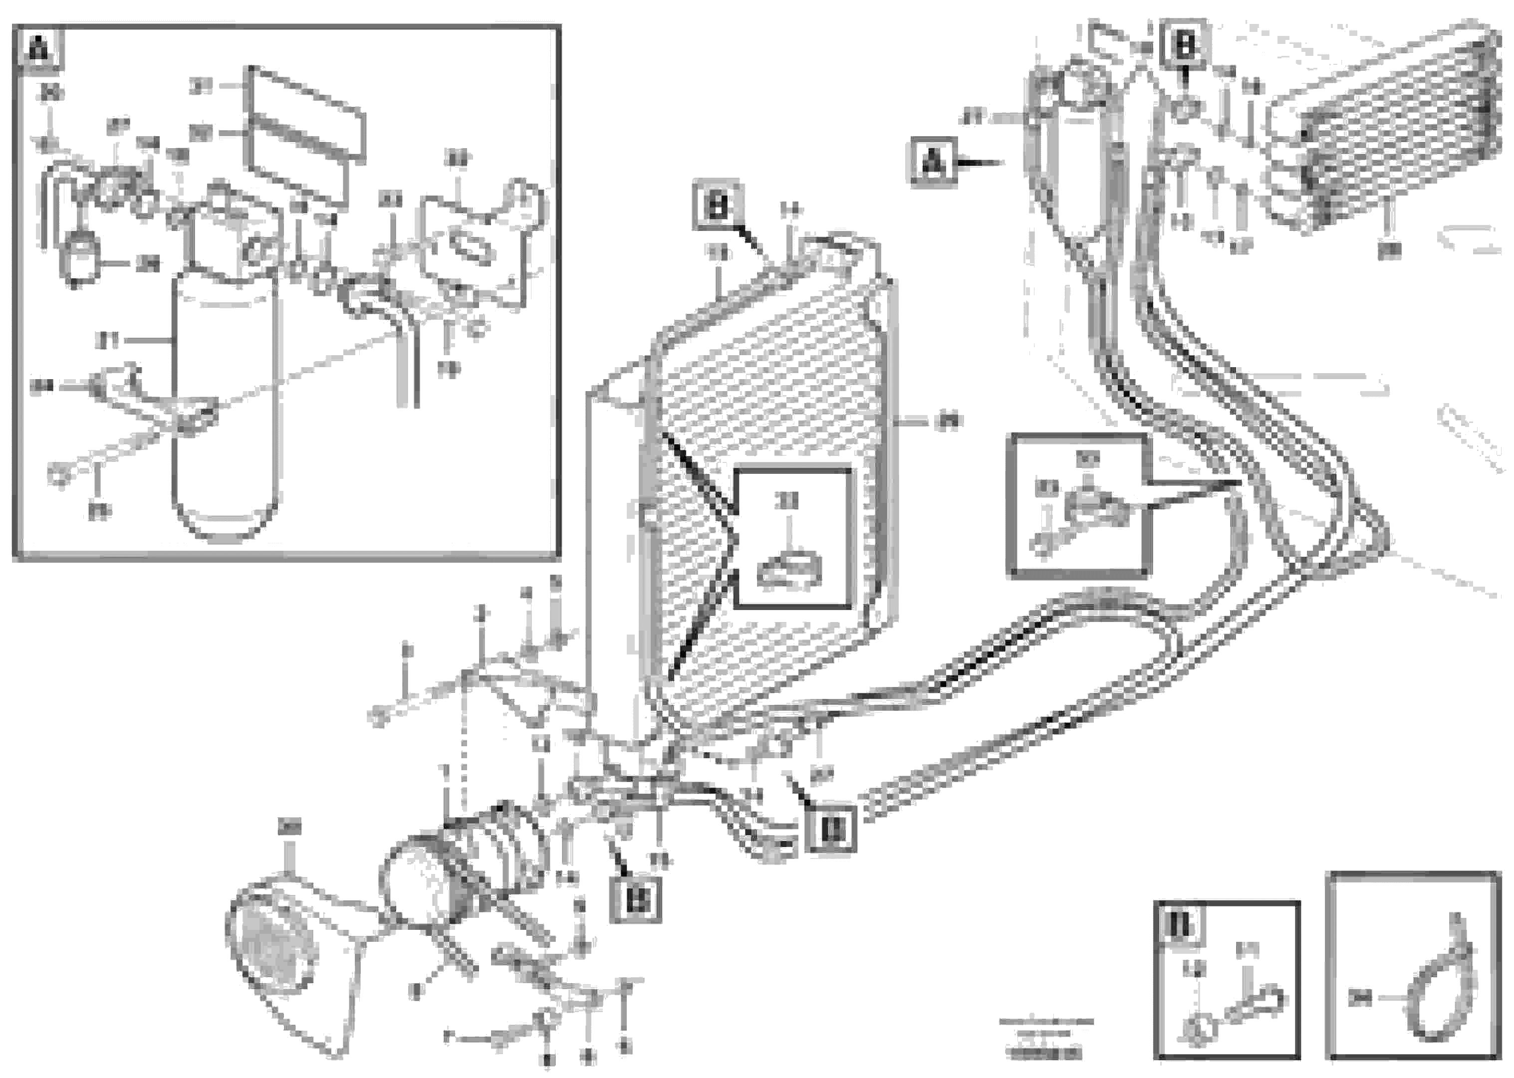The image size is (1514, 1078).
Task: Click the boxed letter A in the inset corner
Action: (x=39, y=48)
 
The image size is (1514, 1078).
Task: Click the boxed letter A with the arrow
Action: (x=933, y=161)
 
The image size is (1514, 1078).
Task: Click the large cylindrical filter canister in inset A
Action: (x=225, y=405)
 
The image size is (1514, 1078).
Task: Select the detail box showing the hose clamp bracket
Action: (x=1079, y=506)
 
